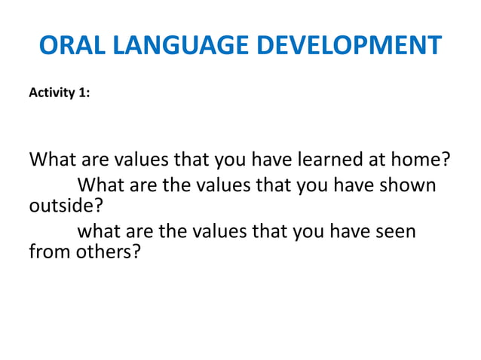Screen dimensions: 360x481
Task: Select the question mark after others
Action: click(x=136, y=252)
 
